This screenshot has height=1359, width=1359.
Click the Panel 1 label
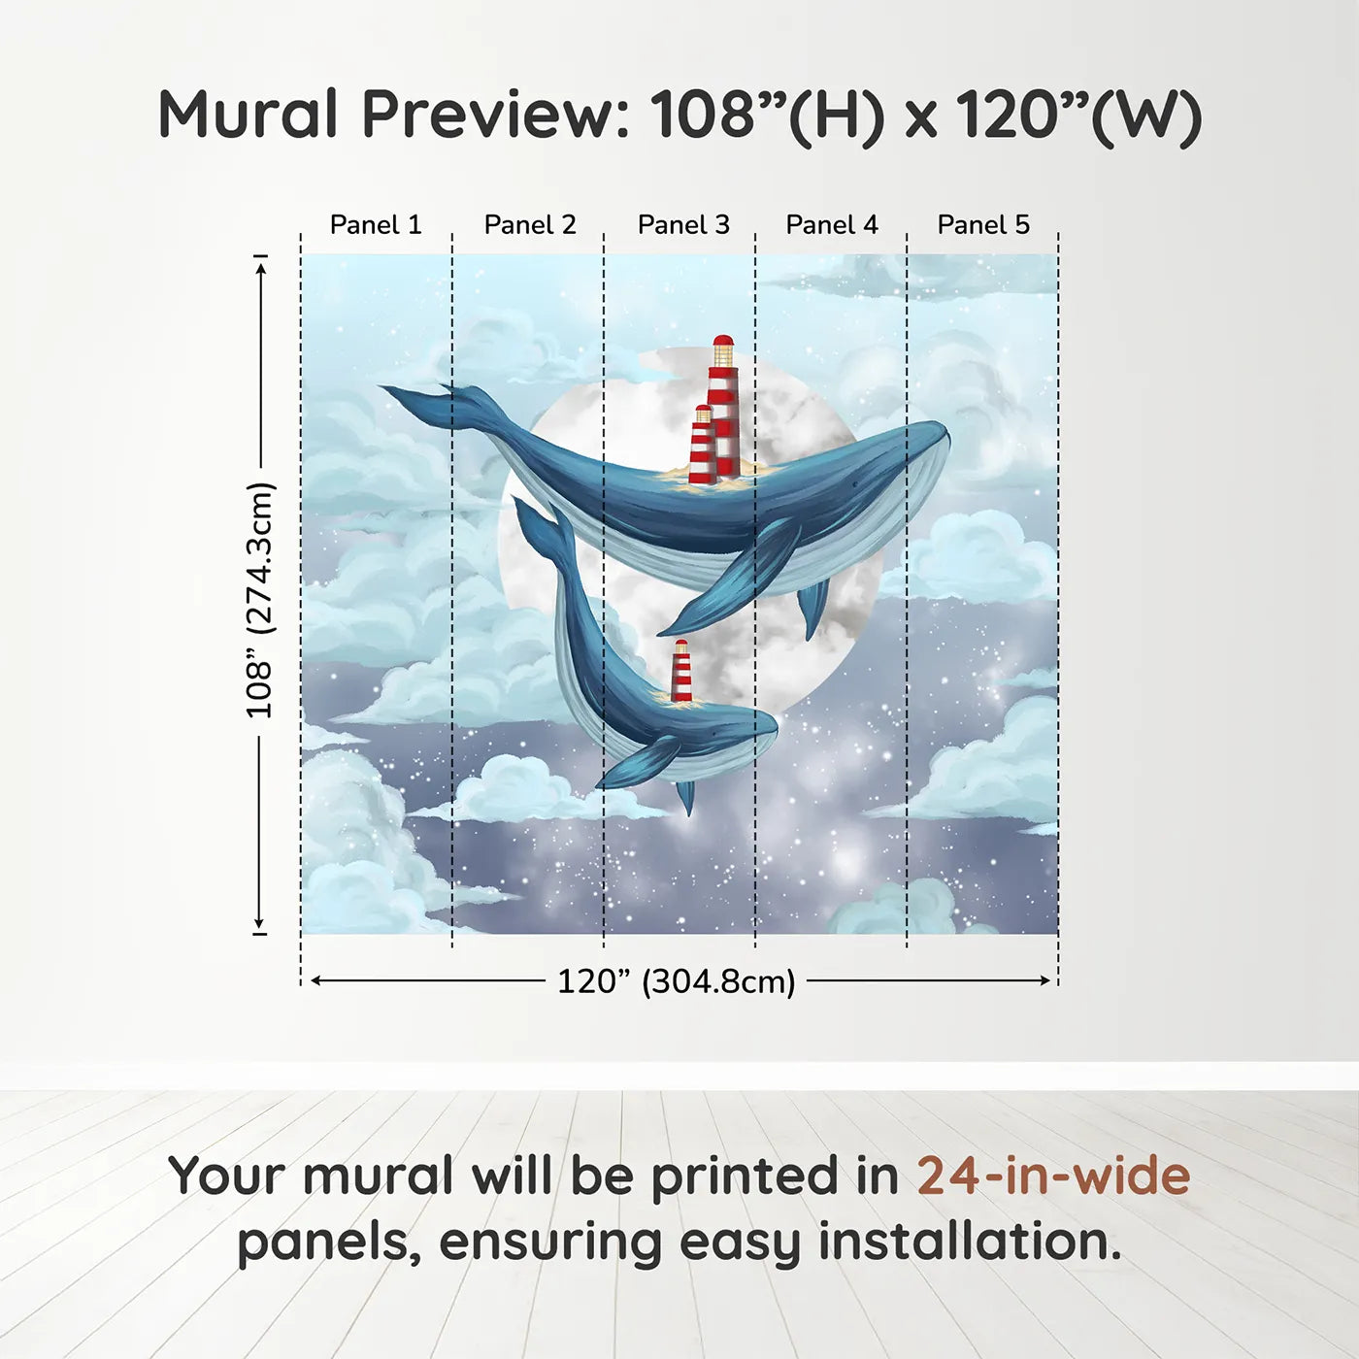point(376,225)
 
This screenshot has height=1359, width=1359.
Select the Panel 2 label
point(530,225)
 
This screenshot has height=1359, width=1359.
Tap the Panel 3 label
point(683,225)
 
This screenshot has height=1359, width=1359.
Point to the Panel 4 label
point(832,225)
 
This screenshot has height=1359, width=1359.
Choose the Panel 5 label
point(983,225)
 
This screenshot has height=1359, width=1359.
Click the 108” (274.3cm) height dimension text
point(260,600)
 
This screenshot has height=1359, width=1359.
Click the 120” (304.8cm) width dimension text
point(676,981)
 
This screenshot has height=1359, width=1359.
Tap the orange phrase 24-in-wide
point(1053,1177)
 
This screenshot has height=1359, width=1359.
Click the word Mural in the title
point(248,115)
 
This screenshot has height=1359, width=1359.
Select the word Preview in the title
point(496,115)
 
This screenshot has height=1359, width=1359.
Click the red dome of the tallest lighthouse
point(723,342)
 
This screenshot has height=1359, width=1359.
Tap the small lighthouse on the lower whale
point(681,671)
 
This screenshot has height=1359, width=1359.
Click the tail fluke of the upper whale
point(427,400)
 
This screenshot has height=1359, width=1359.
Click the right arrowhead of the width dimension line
point(1045,980)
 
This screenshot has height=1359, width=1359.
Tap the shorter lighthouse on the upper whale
point(703,445)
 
